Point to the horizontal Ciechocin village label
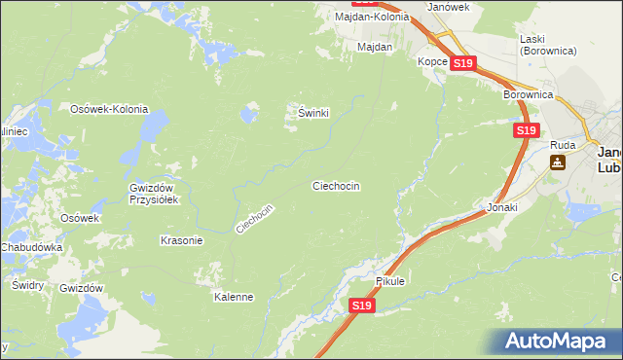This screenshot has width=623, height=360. (336, 185)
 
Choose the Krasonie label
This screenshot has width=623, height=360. (181, 240)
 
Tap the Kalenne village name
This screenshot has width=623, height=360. (234, 297)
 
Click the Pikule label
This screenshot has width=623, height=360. (389, 281)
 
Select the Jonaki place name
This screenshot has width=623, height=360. (502, 208)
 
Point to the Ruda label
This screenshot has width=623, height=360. (563, 145)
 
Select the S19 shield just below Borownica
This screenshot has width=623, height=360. (526, 129)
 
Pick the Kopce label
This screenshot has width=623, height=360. (432, 61)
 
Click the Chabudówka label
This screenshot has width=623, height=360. (31, 247)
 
